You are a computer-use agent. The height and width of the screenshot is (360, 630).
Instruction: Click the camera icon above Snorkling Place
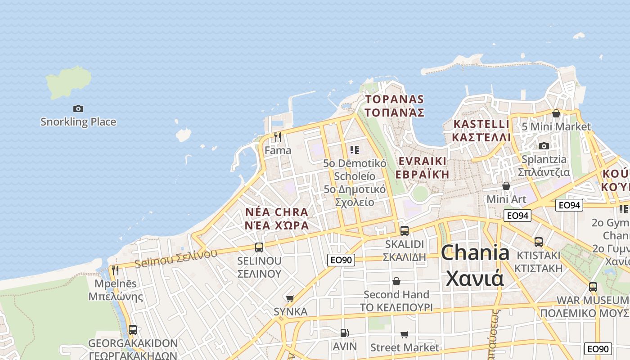point(78,108)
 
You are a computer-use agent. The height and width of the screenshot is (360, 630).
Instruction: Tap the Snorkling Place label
point(78,122)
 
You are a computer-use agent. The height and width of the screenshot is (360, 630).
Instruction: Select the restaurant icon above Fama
point(278,137)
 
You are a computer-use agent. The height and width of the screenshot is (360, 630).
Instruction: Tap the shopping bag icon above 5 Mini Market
point(556,113)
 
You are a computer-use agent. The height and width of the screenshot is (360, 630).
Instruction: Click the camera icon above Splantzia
point(544,146)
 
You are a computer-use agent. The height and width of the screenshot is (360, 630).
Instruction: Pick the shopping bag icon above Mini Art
point(506,186)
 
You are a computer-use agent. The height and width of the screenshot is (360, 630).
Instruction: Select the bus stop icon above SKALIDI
point(405,231)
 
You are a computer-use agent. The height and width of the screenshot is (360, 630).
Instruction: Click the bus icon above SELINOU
point(259,247)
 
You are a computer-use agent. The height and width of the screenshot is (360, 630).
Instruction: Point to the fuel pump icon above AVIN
point(344,333)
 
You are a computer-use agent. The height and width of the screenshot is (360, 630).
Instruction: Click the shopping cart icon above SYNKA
point(290,298)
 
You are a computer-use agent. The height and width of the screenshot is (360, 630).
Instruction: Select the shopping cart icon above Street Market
point(404,334)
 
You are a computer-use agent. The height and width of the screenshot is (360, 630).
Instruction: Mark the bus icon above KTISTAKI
point(539,242)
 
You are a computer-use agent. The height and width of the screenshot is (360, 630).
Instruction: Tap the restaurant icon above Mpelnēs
point(115,270)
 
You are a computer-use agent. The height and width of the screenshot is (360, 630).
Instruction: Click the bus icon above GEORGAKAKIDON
point(132,330)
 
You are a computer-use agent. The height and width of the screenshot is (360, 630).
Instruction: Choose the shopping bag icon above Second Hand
point(396,281)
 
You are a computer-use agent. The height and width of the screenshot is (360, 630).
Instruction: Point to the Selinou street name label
point(176,258)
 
